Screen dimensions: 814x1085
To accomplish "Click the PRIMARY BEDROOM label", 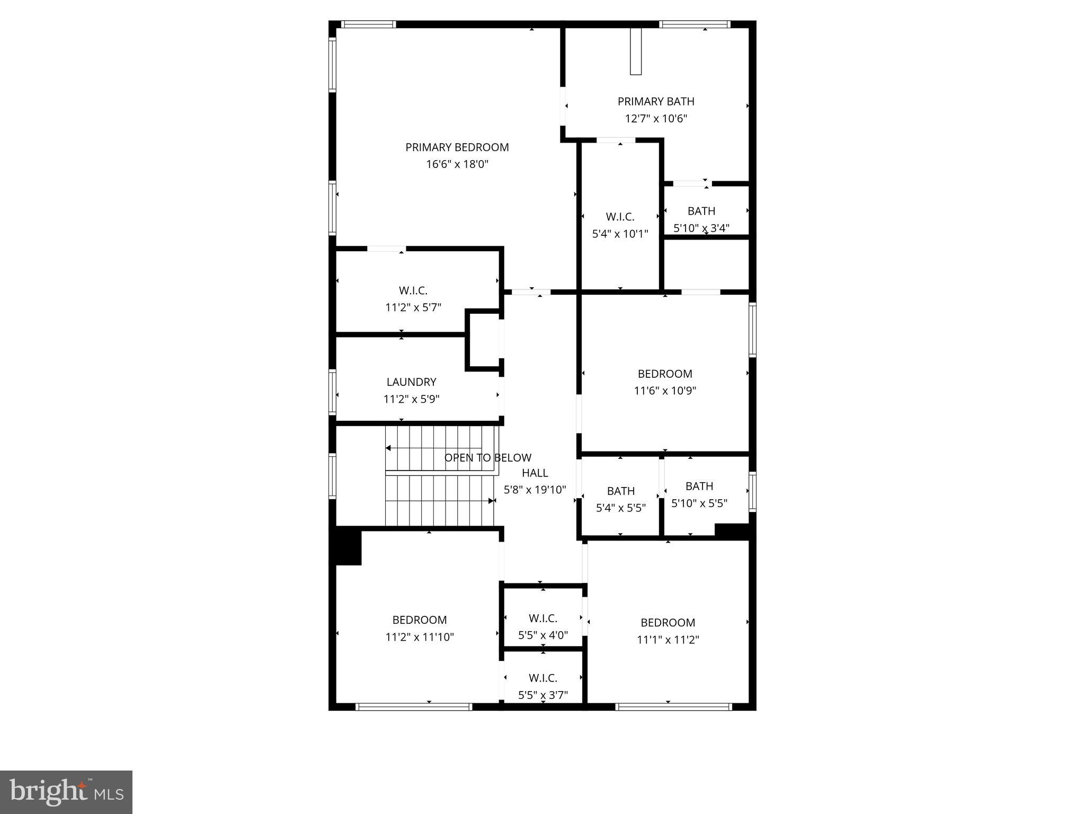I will click(457, 147).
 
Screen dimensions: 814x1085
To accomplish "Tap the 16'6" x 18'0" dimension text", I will click(457, 164).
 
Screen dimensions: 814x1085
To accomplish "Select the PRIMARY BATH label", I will click(656, 101).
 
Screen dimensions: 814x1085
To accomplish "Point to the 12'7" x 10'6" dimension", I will click(656, 118).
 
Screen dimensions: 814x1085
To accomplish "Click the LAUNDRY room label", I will click(411, 382).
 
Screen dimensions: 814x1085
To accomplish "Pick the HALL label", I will click(535, 473).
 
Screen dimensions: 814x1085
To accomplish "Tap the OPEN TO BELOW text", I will click(487, 458).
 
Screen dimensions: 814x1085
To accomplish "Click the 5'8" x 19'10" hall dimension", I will click(535, 490).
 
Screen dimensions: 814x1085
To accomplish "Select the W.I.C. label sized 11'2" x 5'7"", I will click(413, 290).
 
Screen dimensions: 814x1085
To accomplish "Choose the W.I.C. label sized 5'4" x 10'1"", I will click(620, 217).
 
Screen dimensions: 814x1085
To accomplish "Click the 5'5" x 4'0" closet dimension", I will click(543, 635).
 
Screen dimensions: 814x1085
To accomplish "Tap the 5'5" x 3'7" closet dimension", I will click(543, 695).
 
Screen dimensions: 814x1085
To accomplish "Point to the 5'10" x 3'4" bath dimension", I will click(701, 228).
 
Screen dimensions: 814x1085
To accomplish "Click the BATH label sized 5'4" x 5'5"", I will click(620, 491).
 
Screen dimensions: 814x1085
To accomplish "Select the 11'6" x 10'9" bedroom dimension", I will click(665, 391).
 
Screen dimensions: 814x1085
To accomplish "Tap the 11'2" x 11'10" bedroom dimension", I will click(420, 637).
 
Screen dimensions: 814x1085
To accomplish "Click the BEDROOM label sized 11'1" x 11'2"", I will click(668, 623).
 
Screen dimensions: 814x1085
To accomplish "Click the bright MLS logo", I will click(66, 792).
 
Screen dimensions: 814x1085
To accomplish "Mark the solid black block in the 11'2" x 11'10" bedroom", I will click(348, 546).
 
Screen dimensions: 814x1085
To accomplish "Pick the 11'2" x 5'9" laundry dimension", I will click(411, 399).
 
